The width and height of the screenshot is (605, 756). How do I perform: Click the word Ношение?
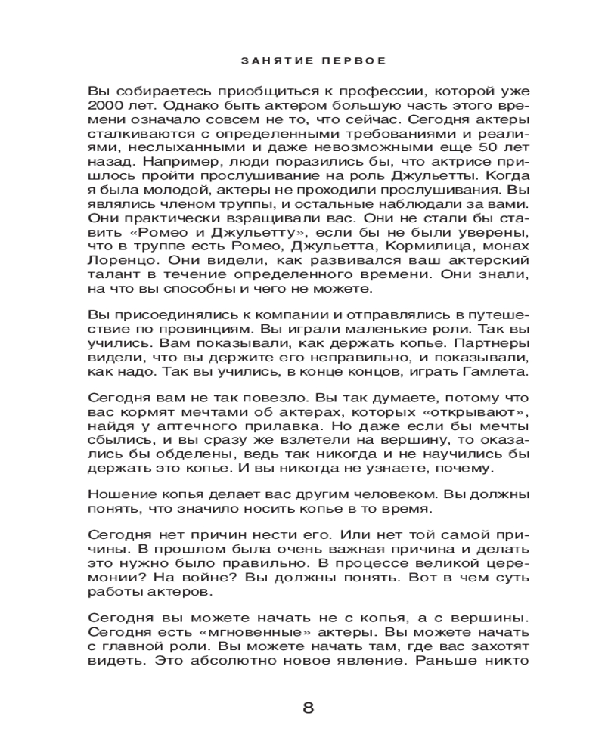[x=119, y=494]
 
